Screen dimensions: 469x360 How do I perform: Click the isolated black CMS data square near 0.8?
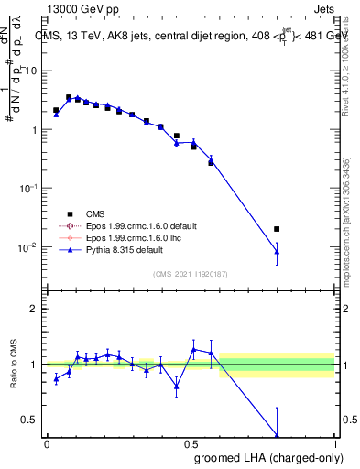coord(278,229)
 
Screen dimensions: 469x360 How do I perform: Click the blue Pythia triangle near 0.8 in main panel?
coord(278,252)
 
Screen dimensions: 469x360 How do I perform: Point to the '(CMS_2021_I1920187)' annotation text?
coord(191,273)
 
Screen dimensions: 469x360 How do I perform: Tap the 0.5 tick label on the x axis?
coord(191,444)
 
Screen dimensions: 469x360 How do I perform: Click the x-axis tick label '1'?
coord(334,444)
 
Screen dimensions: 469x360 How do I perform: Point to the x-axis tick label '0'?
coord(47,444)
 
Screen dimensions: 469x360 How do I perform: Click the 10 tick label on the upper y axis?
coord(32,71)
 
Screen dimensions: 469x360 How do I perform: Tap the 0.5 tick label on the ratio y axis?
coord(31,420)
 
